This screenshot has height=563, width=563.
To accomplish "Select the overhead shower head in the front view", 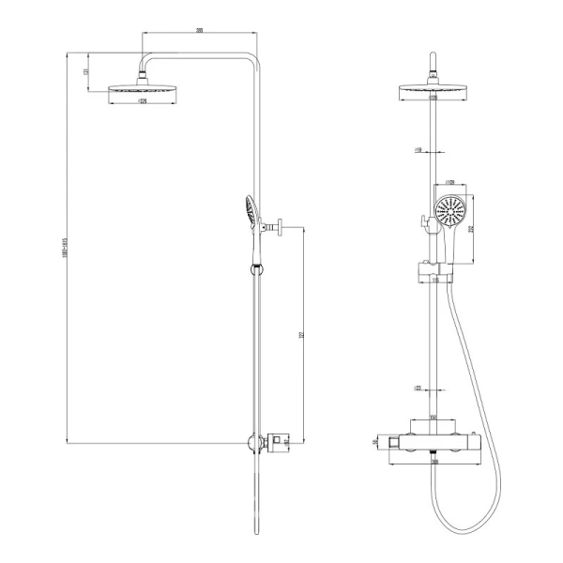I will coord(433,90).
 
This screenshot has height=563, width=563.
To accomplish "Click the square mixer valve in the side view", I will coord(278,440).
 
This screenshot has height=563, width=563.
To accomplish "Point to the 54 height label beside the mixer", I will coord(376,441).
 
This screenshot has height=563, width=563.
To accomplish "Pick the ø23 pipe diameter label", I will coord(418,386).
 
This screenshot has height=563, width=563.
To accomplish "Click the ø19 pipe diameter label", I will coord(418,148).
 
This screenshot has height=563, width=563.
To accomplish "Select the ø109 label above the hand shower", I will coord(449,182).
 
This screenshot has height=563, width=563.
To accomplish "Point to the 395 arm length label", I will coord(199,31).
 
